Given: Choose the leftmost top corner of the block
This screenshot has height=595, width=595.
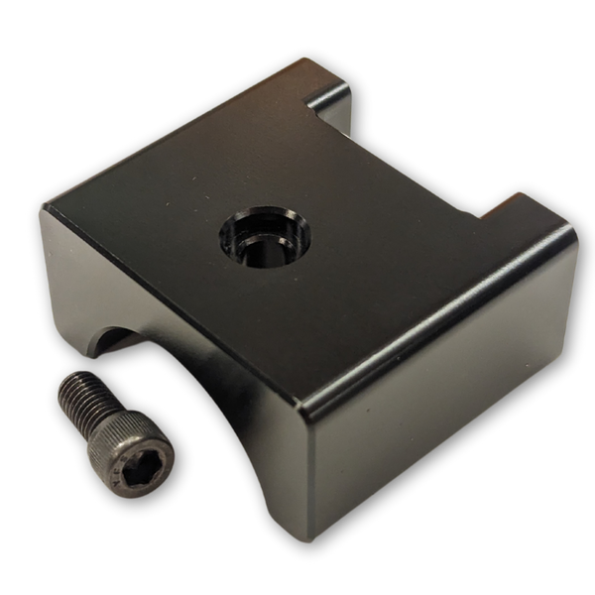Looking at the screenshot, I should tap(43, 205).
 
